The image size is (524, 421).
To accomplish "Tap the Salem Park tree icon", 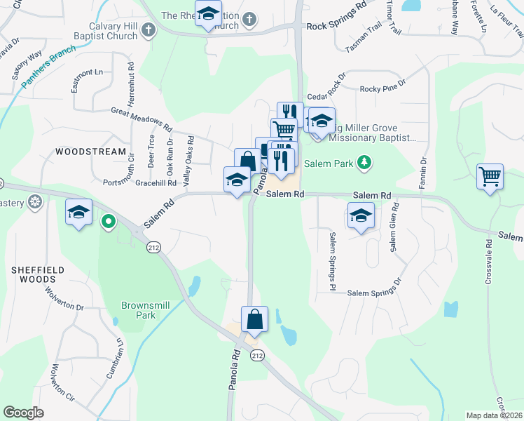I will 364,163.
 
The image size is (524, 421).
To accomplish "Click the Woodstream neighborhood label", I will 91,152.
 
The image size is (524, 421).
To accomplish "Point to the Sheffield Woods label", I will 38,274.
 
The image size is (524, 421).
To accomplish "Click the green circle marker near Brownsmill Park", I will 108,223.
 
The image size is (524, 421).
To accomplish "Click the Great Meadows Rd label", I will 141,120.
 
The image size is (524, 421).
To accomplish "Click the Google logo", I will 24,413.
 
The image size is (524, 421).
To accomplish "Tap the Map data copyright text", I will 495,415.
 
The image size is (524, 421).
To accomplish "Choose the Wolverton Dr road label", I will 64,298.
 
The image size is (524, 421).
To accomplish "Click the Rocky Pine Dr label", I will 382,89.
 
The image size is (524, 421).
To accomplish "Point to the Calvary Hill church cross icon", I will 147,29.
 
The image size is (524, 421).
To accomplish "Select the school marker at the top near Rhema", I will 208,15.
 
